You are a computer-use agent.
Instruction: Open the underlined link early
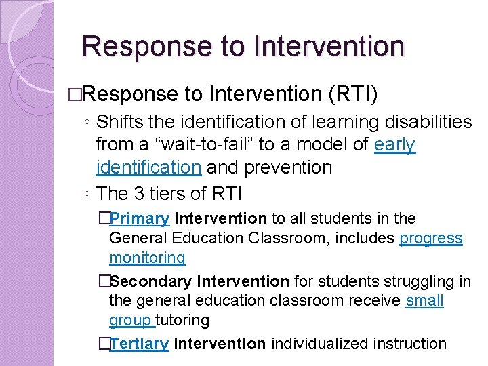click(x=394, y=145)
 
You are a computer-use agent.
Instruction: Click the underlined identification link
click(x=148, y=167)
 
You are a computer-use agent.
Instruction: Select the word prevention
click(x=291, y=167)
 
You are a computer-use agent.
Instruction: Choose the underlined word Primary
click(x=140, y=219)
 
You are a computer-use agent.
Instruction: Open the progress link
click(x=431, y=239)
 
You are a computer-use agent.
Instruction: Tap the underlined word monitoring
click(x=147, y=258)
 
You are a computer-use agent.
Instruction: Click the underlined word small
click(x=424, y=301)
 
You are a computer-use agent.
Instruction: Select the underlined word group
click(x=131, y=321)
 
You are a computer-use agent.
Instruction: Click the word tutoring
click(x=184, y=321)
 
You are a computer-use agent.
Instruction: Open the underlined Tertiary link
click(x=139, y=344)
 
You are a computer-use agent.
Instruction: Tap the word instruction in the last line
click(x=412, y=344)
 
